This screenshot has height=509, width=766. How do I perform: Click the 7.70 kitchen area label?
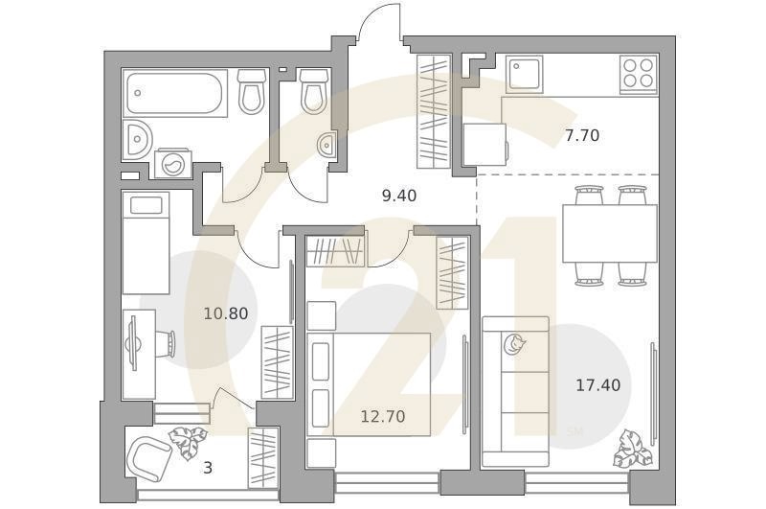pyautogui.click(x=582, y=135)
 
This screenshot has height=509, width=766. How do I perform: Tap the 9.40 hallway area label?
pyautogui.click(x=399, y=196)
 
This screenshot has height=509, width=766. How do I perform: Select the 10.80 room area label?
pyautogui.click(x=226, y=312)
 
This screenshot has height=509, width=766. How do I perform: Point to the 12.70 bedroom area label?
pyautogui.click(x=383, y=417)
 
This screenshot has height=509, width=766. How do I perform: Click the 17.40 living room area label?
pyautogui.click(x=598, y=385)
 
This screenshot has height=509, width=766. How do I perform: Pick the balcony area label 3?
pyautogui.click(x=208, y=468)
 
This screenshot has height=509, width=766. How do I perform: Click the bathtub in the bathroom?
pyautogui.click(x=175, y=93)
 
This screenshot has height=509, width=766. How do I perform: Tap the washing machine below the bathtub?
pyautogui.click(x=173, y=163)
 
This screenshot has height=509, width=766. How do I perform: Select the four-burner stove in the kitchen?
pyautogui.click(x=639, y=74)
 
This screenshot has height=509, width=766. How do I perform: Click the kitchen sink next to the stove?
pyautogui.click(x=525, y=74)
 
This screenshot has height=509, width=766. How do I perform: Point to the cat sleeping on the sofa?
pyautogui.click(x=514, y=344)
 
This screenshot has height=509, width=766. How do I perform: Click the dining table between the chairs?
pyautogui.click(x=610, y=234)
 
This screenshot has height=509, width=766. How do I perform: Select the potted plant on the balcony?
pyautogui.click(x=188, y=443)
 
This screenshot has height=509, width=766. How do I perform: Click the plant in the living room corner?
pyautogui.click(x=633, y=449)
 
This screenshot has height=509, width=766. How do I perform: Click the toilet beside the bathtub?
pyautogui.click(x=252, y=91)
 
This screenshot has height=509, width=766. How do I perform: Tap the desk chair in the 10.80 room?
pyautogui.click(x=168, y=342)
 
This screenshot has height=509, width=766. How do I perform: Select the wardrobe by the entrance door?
pyautogui.click(x=434, y=112)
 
